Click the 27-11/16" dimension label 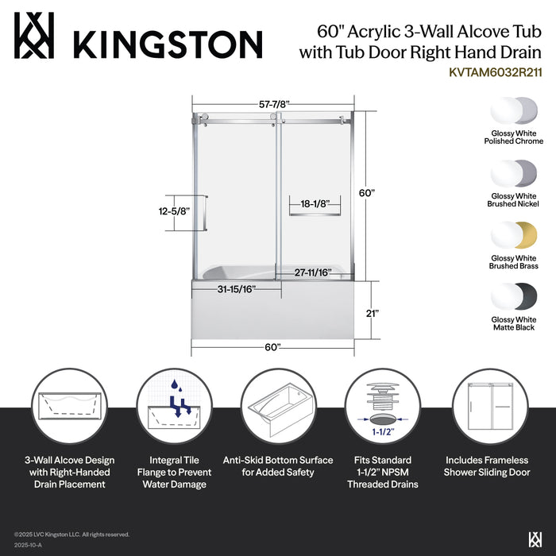coord(310,272)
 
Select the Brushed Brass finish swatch coord(515,236)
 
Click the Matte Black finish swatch coord(515,298)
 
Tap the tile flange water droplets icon coord(173,405)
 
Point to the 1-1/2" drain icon coord(382,405)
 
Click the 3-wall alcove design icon coord(68,405)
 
